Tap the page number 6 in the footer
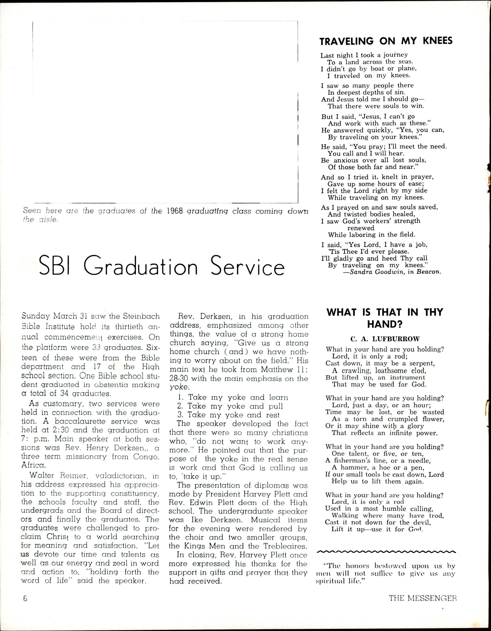tap(25, 598)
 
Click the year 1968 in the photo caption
tap(175, 211)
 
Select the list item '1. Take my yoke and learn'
tap(233, 397)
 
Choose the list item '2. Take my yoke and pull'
tap(230, 406)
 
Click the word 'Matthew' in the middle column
tap(277, 370)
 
